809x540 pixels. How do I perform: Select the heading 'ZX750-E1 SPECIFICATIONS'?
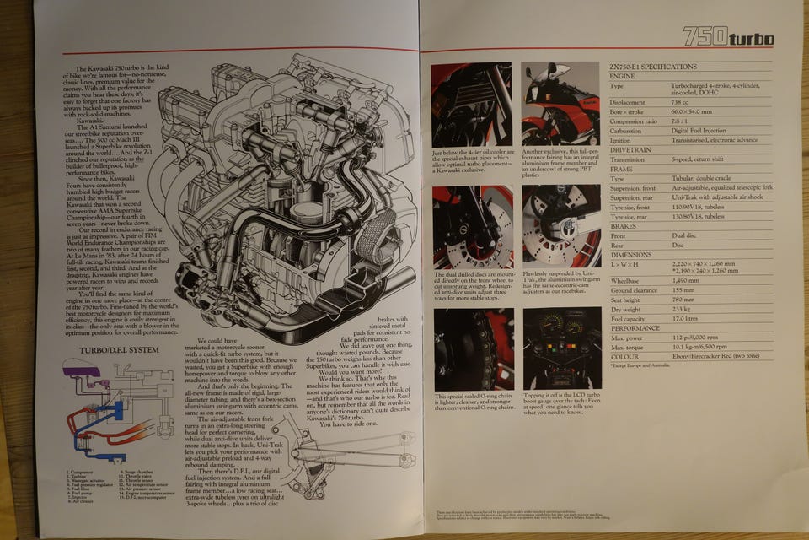click(x=653, y=67)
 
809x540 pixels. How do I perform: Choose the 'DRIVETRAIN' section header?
click(x=633, y=148)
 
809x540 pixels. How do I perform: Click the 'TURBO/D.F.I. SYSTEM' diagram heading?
click(x=119, y=349)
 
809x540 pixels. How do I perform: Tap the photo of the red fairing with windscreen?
click(x=560, y=103)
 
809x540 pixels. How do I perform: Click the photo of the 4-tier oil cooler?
click(x=471, y=104)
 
